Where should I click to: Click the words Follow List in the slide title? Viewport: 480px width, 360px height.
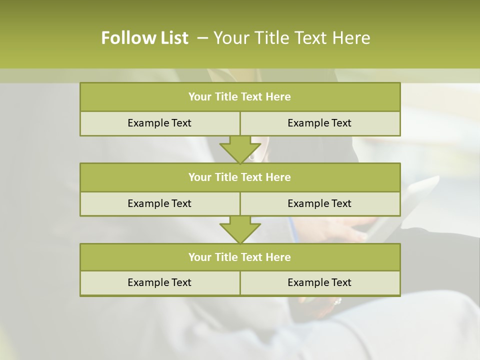[144, 38]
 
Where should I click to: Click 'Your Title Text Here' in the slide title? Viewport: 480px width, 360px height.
[291, 38]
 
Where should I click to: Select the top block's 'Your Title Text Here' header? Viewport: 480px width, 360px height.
[239, 97]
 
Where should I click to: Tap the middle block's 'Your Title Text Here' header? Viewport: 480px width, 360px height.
[239, 177]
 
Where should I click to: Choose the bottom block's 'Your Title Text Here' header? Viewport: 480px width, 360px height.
[239, 257]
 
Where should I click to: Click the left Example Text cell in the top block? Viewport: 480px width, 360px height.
[159, 123]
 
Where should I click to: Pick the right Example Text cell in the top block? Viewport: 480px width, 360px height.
[319, 123]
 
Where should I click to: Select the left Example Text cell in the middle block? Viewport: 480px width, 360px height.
[159, 203]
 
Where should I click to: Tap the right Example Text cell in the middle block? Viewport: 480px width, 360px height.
[319, 203]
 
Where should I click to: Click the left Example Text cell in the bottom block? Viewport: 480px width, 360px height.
[159, 282]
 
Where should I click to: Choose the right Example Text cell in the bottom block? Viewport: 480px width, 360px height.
[319, 282]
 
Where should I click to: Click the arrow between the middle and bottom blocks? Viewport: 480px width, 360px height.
[240, 229]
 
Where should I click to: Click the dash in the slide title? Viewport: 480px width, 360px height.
[202, 38]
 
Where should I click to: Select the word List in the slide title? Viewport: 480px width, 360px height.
[171, 38]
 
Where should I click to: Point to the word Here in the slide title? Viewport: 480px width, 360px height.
[352, 38]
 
